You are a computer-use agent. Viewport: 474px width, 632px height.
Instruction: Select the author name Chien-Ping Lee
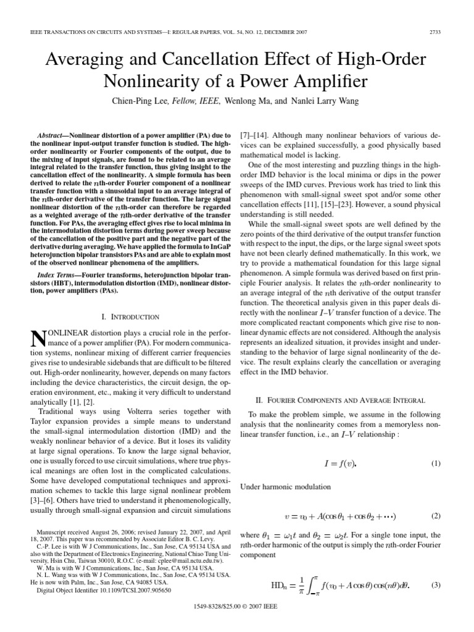click(x=138, y=100)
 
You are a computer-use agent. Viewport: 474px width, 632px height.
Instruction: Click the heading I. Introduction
click(x=130, y=317)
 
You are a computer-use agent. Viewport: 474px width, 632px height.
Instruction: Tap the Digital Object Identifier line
click(x=104, y=589)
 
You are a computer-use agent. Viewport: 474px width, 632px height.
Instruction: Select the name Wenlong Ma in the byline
click(x=249, y=100)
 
